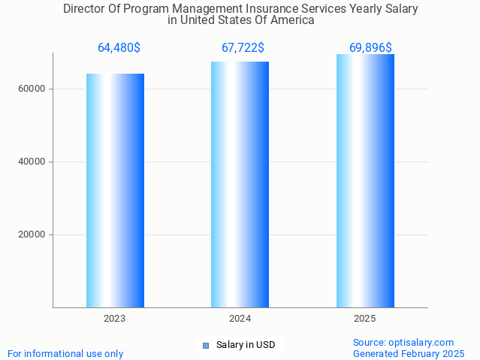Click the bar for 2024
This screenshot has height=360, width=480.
coord(240,184)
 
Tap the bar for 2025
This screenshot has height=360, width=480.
coord(365,180)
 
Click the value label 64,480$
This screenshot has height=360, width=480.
coord(119,48)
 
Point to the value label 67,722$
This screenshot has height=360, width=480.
coord(243,48)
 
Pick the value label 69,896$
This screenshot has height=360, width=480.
coord(370,48)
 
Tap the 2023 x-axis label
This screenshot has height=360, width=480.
coord(115,319)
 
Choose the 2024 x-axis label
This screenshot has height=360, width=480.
coord(240,319)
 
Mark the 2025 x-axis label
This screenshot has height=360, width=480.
coord(365,319)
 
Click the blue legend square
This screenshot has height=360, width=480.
coord(205,346)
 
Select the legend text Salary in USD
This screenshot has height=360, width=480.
coord(246,346)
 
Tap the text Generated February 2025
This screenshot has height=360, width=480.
coord(409,354)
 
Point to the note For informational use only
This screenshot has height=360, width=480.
coord(65,354)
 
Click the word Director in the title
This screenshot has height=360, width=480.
coord(85,9)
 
